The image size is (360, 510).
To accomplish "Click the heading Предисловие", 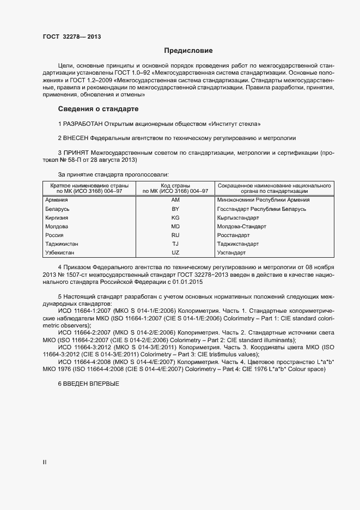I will point(188,51).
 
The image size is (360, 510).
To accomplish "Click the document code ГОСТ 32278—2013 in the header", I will point(72,37).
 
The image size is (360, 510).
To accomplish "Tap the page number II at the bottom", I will point(45,462).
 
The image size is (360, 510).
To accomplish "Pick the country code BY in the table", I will point(175,209).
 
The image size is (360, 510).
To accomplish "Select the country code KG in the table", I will point(175,218).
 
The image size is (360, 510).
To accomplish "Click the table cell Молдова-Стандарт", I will point(241,227).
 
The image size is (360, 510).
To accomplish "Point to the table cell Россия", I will point(54,235).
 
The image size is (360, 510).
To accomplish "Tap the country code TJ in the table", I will point(175,244).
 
